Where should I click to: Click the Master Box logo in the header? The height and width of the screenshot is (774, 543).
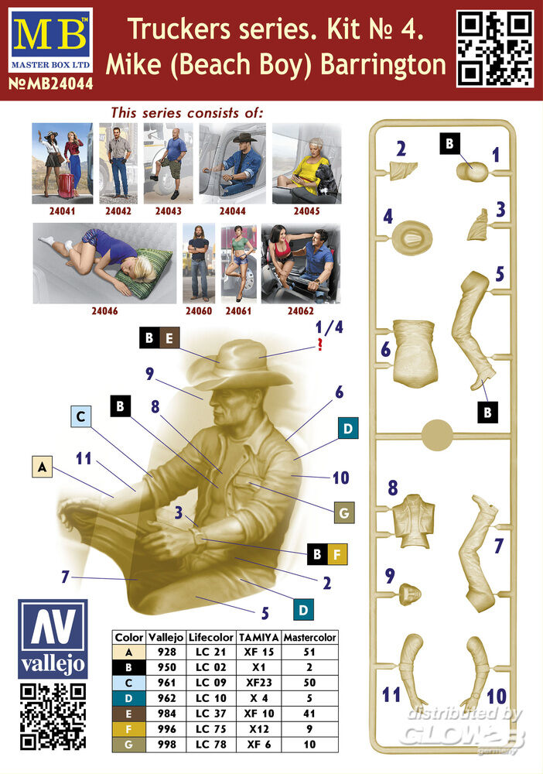pos(50,40)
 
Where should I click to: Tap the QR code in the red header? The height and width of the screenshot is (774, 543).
pos(494,48)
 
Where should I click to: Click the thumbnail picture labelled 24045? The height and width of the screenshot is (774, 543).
pos(307,163)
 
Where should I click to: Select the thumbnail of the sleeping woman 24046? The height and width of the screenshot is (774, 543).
pos(104,263)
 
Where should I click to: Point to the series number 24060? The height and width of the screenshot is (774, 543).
pos(199,311)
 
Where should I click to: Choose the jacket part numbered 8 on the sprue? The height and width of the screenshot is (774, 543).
pos(414,520)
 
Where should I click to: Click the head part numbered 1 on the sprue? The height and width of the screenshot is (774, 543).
pos(473,171)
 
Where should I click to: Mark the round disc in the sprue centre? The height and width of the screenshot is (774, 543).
pos(437,435)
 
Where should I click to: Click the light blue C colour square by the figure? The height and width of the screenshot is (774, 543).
pos(81,416)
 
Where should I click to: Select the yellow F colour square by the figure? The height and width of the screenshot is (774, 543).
pos(337,554)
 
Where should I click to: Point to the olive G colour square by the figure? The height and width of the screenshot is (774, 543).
pos(344,513)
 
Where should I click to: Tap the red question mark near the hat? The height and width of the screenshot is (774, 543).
pos(320,344)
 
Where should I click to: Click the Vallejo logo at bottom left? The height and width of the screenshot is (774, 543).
pos(53,639)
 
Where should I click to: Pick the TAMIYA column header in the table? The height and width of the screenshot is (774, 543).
pos(258,637)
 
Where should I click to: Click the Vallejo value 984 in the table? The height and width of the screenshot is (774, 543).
pos(167,714)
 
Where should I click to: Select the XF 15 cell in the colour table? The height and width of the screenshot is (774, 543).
pos(258,652)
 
